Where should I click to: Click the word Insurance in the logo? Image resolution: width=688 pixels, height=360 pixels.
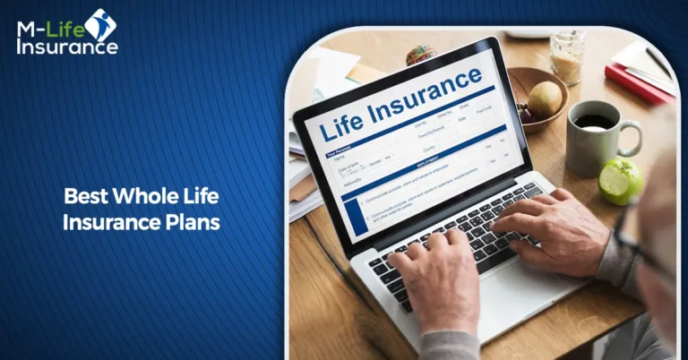pyautogui.click(x=66, y=47)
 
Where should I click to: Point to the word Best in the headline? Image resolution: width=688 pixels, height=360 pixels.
pyautogui.click(x=85, y=195)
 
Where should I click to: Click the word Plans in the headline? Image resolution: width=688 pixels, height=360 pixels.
pyautogui.click(x=196, y=222)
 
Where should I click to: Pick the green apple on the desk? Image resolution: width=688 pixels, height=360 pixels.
pyautogui.click(x=621, y=181)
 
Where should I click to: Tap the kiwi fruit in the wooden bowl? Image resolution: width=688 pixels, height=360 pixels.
pyautogui.click(x=545, y=98)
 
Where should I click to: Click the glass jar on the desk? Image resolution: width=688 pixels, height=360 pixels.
pyautogui.click(x=567, y=56)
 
